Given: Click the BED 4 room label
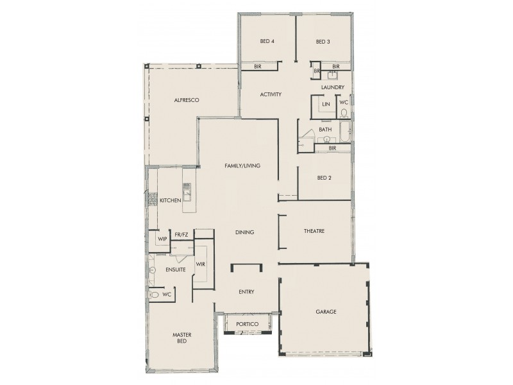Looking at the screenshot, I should click(267, 42).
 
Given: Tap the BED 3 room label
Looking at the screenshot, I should click(323, 42).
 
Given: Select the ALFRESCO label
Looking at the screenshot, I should click(187, 101).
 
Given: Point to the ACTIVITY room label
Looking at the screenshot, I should click(271, 95).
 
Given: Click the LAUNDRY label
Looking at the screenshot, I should click(333, 87).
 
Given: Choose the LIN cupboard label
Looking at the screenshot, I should click(326, 103).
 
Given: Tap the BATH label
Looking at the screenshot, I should click(325, 129).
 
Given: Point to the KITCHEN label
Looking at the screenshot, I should click(171, 201).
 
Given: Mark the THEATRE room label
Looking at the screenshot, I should click(314, 231).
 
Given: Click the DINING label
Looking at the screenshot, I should click(244, 232).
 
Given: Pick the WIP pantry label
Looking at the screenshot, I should click(162, 239).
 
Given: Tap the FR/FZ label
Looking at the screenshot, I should click(181, 235).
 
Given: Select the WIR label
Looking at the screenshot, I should click(200, 264).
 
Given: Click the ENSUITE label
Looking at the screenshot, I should click(175, 269).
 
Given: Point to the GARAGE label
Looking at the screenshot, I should click(326, 312).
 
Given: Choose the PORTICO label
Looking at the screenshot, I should click(247, 324).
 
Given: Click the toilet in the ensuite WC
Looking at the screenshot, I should click(155, 295).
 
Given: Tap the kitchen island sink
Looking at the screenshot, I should click(187, 189).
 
